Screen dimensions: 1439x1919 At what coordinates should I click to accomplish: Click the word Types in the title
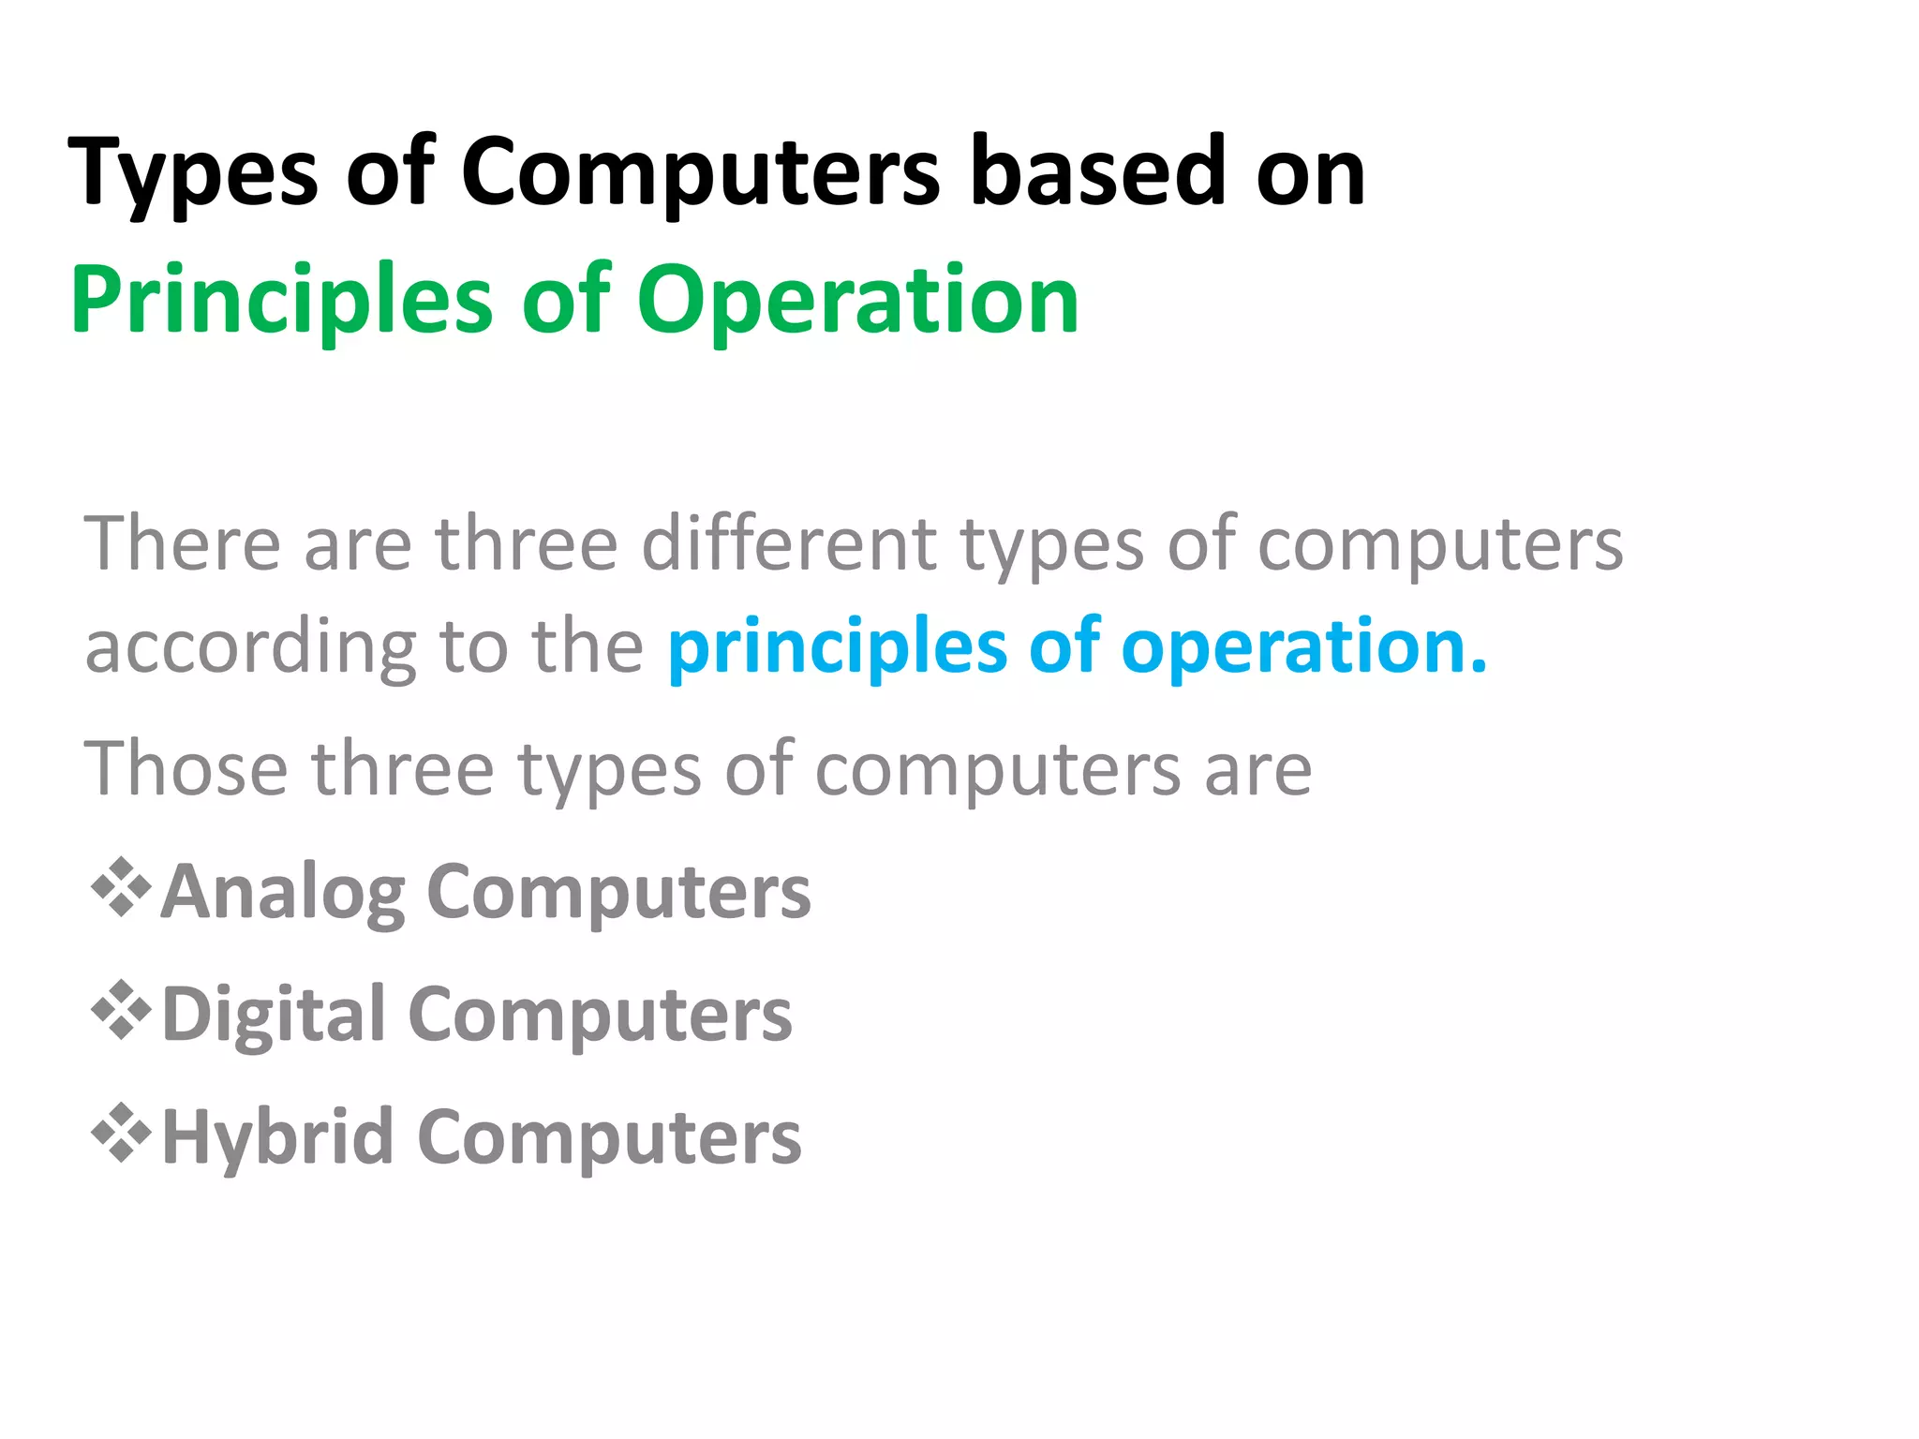pyautogui.click(x=193, y=173)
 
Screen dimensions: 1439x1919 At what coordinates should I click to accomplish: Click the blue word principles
pyautogui.click(x=837, y=648)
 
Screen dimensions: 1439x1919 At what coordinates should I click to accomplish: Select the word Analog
pyautogui.click(x=283, y=892)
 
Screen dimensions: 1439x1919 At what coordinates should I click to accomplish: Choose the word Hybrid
pyautogui.click(x=277, y=1137)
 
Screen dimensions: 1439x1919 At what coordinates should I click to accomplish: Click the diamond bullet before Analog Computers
pyautogui.click(x=121, y=886)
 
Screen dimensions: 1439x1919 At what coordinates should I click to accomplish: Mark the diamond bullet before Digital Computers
pyautogui.click(x=121, y=1009)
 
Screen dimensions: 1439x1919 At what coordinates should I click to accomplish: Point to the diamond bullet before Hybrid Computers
pyautogui.click(x=121, y=1133)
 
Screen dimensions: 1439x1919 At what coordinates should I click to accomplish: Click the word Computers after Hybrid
pyautogui.click(x=609, y=1137)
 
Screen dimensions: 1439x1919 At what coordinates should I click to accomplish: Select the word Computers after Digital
pyautogui.click(x=601, y=1015)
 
